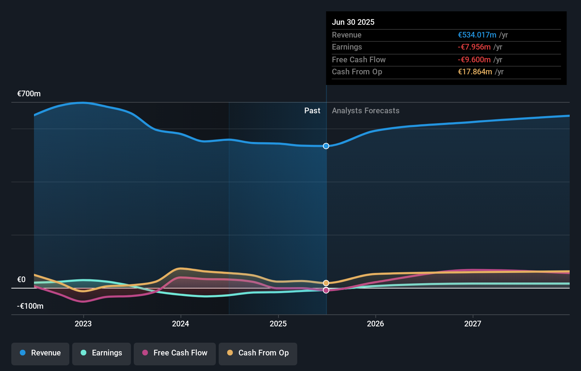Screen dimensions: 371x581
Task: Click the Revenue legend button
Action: (x=40, y=353)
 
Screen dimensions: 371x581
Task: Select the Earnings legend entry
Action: (x=102, y=353)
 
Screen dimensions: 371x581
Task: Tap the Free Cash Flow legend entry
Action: (x=175, y=353)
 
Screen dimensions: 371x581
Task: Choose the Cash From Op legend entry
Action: (x=258, y=353)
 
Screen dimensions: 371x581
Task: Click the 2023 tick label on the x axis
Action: (x=83, y=324)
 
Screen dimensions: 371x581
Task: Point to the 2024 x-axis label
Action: (x=180, y=324)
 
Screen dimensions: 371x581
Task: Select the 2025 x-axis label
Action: (x=278, y=324)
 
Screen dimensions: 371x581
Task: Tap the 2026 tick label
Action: (x=375, y=324)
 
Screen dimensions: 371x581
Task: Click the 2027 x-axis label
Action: (x=473, y=324)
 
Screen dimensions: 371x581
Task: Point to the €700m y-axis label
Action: (x=29, y=94)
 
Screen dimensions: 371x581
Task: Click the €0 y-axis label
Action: (x=22, y=280)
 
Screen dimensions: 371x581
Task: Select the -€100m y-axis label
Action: (x=30, y=306)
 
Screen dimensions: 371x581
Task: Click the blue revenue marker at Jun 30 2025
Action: (x=326, y=146)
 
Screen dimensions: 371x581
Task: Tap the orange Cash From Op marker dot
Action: (x=326, y=283)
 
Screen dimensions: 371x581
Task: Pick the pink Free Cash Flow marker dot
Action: (x=326, y=290)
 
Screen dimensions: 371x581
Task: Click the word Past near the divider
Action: (x=312, y=111)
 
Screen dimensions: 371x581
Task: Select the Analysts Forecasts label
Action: (x=366, y=111)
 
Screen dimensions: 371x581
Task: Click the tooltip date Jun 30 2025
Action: (x=353, y=22)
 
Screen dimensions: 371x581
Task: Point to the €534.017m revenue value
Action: (x=477, y=35)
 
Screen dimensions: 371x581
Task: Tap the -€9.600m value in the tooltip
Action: (x=474, y=59)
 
